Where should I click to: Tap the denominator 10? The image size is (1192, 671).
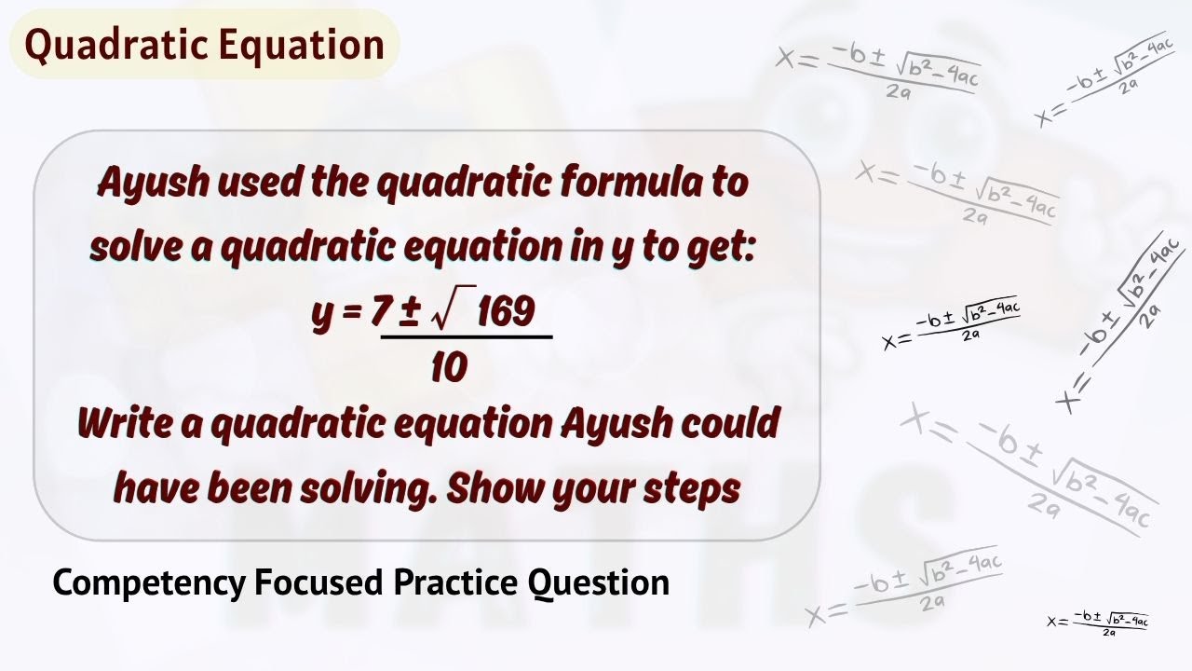coord(449,369)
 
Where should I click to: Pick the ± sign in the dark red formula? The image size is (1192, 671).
coord(408,312)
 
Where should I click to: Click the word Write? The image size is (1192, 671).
coord(126,424)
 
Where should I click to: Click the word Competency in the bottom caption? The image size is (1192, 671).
coord(149,583)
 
